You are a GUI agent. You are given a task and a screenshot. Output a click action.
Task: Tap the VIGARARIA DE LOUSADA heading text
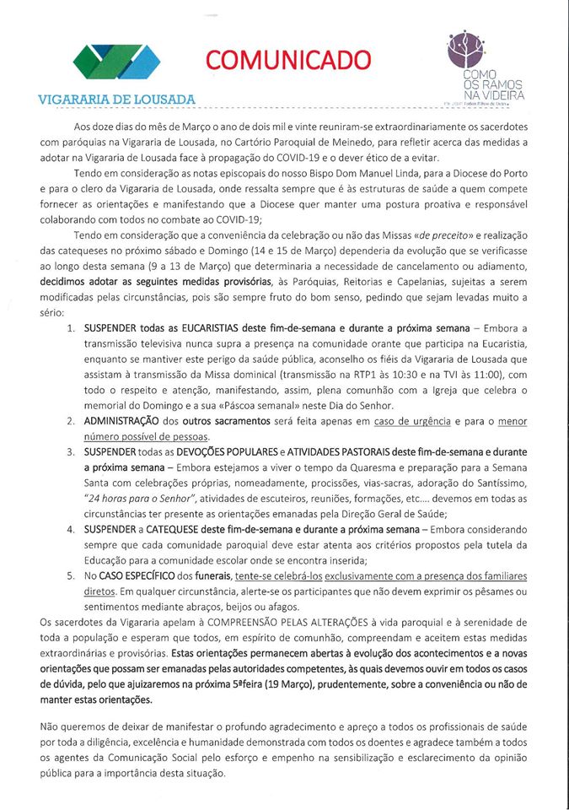pyautogui.click(x=117, y=100)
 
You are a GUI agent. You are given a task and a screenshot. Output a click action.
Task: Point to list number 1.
pyautogui.click(x=71, y=326)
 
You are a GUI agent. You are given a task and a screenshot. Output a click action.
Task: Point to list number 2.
pyautogui.click(x=71, y=419)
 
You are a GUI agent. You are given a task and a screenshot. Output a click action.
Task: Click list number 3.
pyautogui.click(x=71, y=453)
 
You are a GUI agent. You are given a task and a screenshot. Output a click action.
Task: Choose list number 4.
pyautogui.click(x=71, y=529)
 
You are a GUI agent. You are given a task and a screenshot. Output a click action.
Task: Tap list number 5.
pyautogui.click(x=71, y=576)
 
